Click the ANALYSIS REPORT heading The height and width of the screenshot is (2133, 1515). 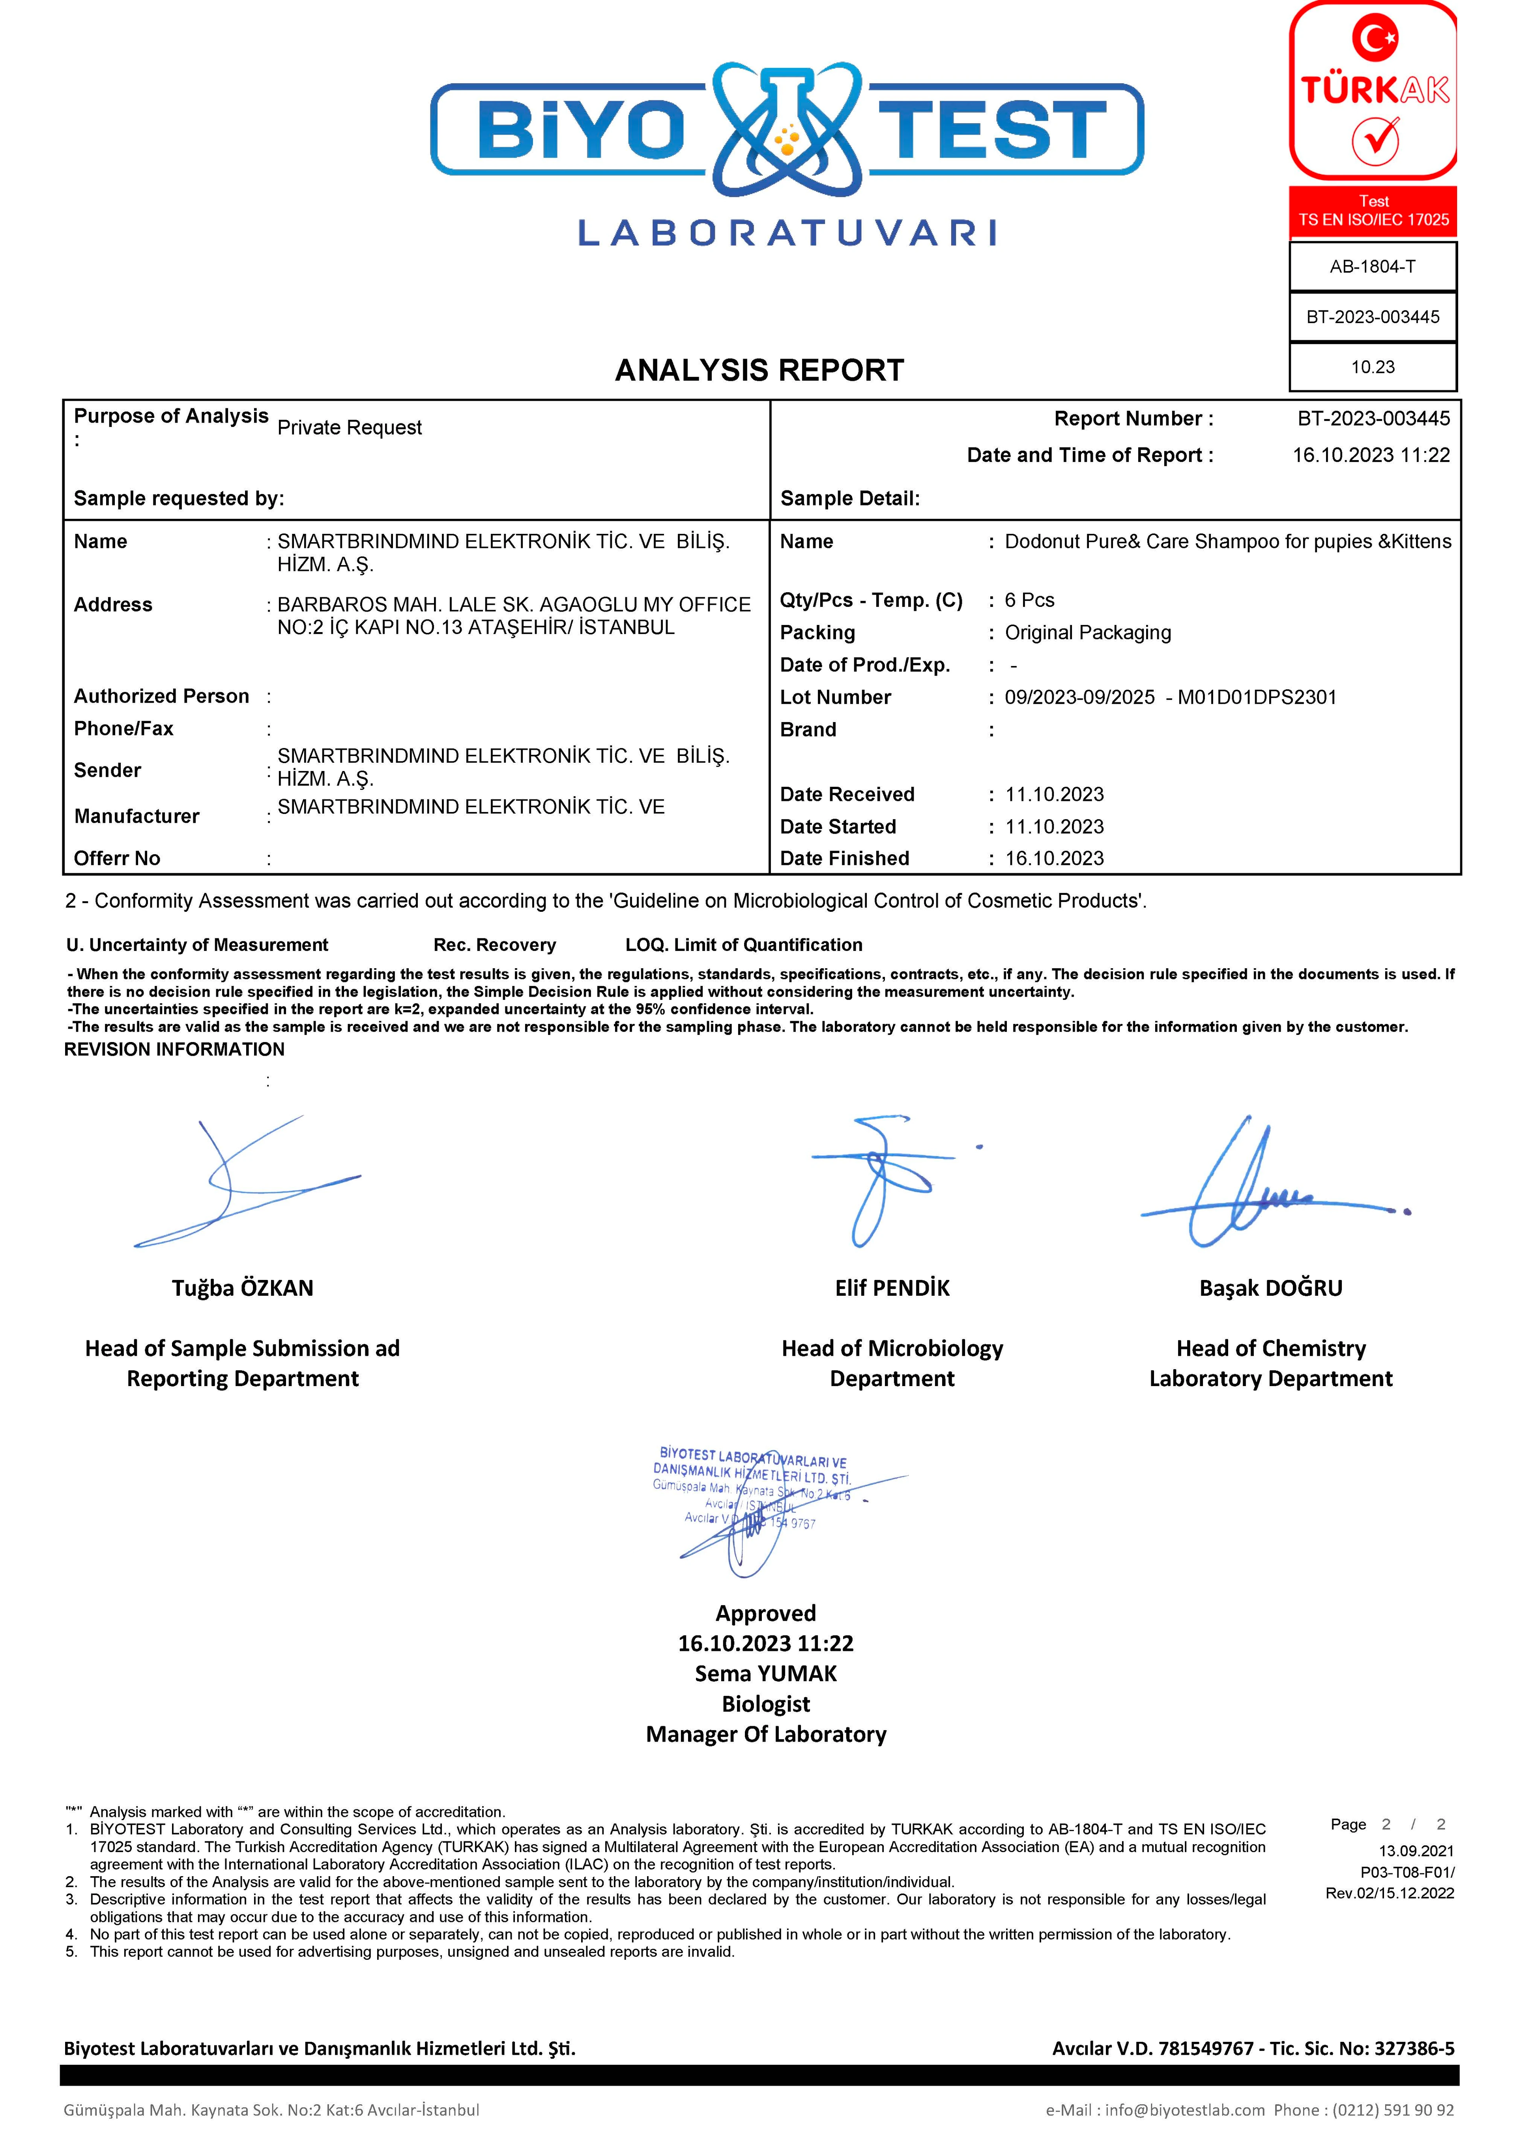click(x=759, y=370)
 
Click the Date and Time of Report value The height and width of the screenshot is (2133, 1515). click(x=1370, y=455)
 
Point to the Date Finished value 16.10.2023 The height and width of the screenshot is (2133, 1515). click(x=1054, y=859)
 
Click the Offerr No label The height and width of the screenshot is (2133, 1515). click(x=117, y=859)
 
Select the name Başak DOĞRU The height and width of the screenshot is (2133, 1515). click(x=1270, y=1289)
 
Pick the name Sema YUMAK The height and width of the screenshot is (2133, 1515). click(x=766, y=1674)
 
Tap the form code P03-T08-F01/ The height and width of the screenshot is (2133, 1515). click(x=1407, y=1872)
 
